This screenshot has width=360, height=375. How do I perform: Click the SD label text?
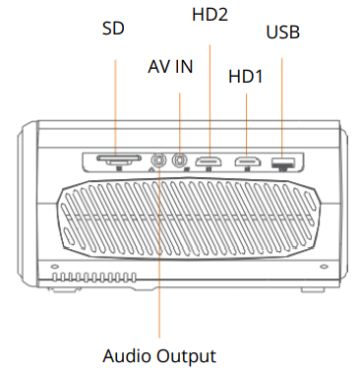coord(114,28)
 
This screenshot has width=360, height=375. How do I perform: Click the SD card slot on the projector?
coord(115,158)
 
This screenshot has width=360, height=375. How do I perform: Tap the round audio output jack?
coord(159,158)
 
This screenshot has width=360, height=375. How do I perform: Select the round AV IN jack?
coord(180,158)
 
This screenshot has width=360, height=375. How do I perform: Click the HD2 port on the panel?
coord(210,159)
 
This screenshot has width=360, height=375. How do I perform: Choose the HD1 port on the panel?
coord(245,159)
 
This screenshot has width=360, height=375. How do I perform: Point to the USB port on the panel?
coord(283,159)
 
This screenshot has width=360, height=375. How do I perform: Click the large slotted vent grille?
coord(187,222)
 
